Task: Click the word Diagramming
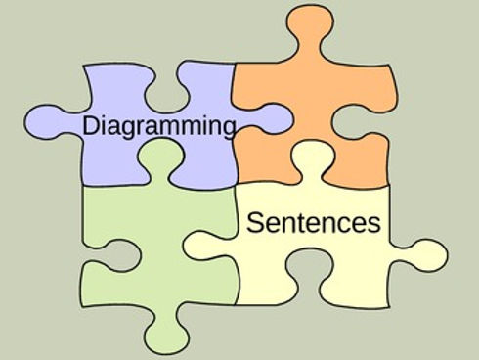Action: tap(159, 126)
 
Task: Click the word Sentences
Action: tap(313, 223)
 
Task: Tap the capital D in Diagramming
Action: tap(90, 125)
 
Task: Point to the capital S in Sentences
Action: tap(254, 222)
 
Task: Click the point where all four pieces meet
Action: tap(235, 186)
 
